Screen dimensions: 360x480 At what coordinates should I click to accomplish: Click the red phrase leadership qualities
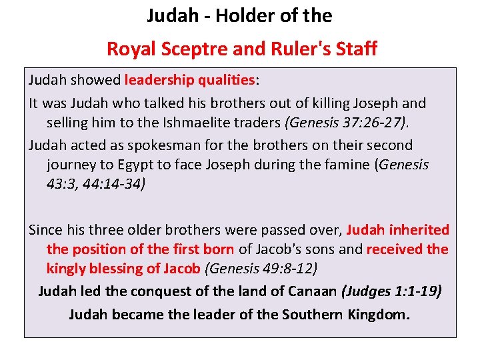point(189,80)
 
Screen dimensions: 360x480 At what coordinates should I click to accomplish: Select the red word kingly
point(66,269)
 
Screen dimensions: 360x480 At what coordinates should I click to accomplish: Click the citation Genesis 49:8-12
point(261,269)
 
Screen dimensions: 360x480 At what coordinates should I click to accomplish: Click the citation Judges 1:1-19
point(391,291)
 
